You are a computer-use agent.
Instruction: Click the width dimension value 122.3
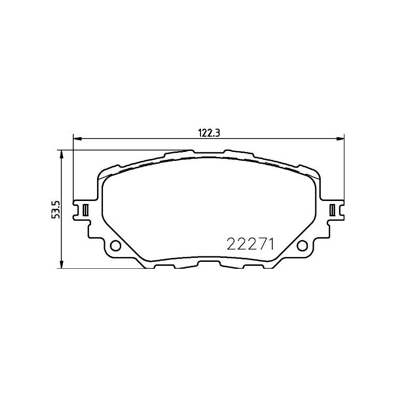coord(209,133)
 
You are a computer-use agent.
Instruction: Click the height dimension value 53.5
coord(55,209)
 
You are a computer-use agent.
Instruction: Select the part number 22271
coord(250,244)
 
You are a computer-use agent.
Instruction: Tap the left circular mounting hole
coord(115,246)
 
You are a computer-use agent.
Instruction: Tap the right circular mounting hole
coord(302,246)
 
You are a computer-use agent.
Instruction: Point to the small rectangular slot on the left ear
coord(86,210)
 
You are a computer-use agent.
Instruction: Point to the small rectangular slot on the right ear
coord(332,210)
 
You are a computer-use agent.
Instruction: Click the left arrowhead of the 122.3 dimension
coord(77,139)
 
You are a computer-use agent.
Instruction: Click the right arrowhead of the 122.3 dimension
coord(340,139)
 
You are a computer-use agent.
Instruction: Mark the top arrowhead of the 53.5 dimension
coord(61,154)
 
